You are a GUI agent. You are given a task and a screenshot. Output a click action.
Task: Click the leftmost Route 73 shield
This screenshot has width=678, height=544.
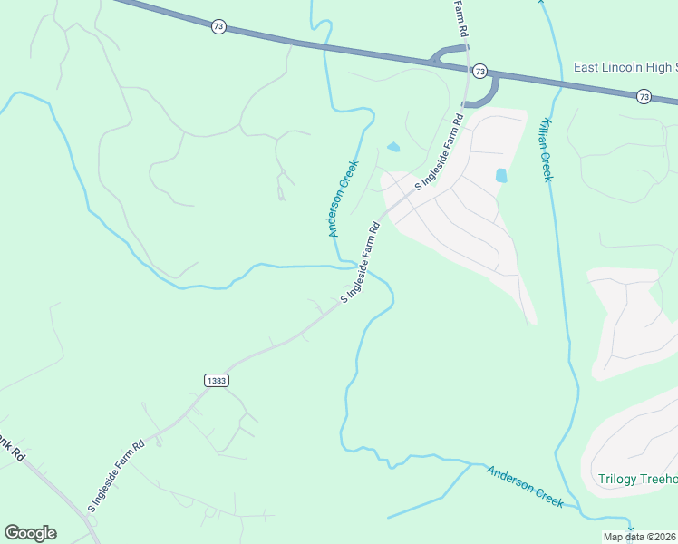pyautogui.click(x=218, y=27)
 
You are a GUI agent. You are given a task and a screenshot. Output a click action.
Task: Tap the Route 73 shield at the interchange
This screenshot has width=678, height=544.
pyautogui.click(x=479, y=71)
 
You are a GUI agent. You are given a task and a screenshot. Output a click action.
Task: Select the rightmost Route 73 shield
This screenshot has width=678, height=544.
pyautogui.click(x=643, y=96)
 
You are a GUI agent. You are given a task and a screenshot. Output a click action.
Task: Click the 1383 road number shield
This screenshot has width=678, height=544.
pyautogui.click(x=216, y=380)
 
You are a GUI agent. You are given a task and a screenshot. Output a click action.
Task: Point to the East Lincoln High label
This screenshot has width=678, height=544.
pyautogui.click(x=625, y=68)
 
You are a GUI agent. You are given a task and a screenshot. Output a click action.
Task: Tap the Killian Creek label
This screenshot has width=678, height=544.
pyautogui.click(x=546, y=149)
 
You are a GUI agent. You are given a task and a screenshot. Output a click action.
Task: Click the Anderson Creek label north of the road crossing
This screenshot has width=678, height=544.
pyautogui.click(x=344, y=199)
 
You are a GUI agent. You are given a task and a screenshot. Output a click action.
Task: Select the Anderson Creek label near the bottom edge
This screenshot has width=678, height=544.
pyautogui.click(x=525, y=486)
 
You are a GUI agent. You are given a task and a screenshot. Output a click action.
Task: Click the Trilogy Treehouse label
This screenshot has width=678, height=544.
pyautogui.click(x=638, y=479)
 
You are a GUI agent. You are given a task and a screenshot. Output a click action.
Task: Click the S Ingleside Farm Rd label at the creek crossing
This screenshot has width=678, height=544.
pyautogui.click(x=359, y=262)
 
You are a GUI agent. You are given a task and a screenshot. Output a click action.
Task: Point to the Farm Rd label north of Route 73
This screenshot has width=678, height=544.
pyautogui.click(x=461, y=18)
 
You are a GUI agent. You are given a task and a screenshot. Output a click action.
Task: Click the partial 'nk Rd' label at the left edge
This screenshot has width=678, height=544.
pyautogui.click(x=10, y=449)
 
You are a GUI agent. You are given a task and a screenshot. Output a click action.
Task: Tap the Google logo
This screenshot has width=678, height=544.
pyautogui.click(x=30, y=533)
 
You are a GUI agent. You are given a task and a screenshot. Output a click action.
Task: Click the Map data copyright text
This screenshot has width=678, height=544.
pyautogui.click(x=640, y=537)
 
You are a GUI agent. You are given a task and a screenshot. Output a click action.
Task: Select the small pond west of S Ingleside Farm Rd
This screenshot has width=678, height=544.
pyautogui.click(x=393, y=147)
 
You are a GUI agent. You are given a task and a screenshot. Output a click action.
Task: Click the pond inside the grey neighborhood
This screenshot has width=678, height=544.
pyautogui.click(x=501, y=175)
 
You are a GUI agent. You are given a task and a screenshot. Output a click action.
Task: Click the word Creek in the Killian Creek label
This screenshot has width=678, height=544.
pyautogui.click(x=547, y=165)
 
